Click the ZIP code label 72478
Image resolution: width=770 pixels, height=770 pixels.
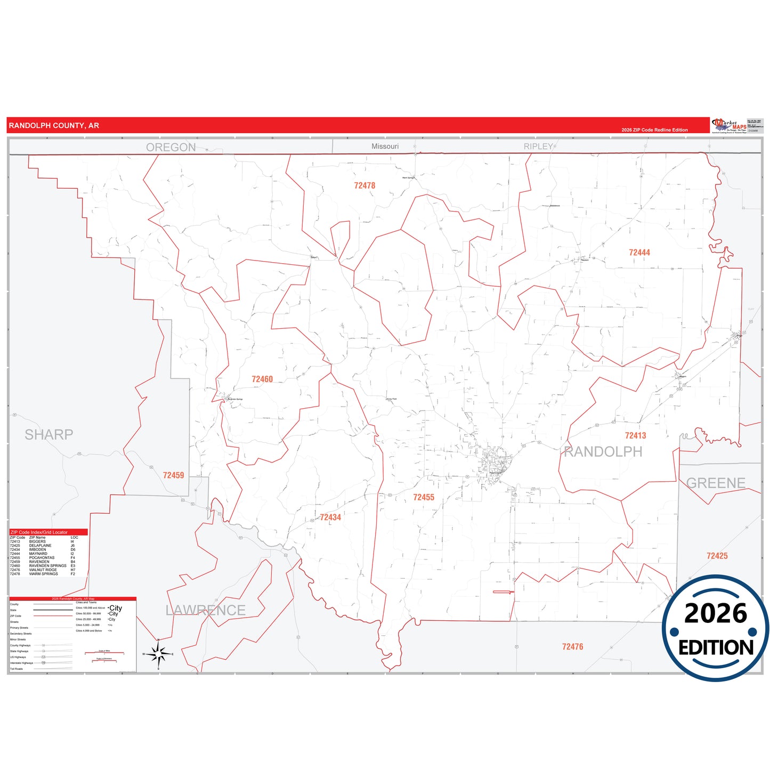coord(364,185)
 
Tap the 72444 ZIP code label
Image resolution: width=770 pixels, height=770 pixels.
coord(639,253)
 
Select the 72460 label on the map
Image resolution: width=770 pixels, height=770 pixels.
coord(262,379)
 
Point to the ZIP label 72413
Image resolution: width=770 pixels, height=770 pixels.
coord(635,435)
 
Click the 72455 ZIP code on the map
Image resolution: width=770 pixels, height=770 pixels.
coord(424,497)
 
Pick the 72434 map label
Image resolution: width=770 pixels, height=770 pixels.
coord(330,517)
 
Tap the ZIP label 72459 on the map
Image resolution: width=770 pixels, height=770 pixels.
coord(173,475)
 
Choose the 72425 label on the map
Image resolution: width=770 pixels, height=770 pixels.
coord(717,556)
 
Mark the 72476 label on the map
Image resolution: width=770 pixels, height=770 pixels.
coord(572,646)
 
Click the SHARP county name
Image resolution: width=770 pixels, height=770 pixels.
coord(48,435)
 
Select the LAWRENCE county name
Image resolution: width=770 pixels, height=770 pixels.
coord(205,610)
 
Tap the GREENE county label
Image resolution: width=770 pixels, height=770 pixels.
coord(716,483)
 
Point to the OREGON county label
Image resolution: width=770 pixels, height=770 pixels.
coord(171,147)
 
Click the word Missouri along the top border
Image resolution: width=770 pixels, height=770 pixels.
coord(385,147)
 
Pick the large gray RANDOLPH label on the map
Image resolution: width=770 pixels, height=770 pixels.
coord(603,452)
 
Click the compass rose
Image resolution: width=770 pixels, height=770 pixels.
coord(158,654)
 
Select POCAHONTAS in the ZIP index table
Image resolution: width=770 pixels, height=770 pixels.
coord(42,558)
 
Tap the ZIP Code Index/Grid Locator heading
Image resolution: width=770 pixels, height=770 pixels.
coord(39,532)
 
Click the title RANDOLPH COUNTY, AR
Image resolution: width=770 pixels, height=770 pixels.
coord(54,126)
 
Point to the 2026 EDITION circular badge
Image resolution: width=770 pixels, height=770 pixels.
coord(715,629)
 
